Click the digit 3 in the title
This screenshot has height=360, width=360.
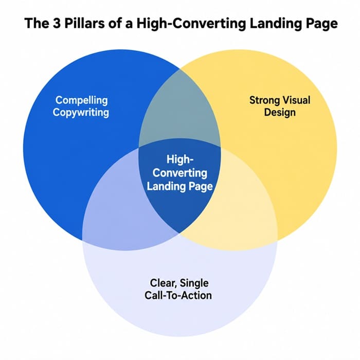tap(57, 23)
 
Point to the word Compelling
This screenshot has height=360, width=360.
tap(81, 101)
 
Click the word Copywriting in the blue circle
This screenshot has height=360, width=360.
tap(81, 113)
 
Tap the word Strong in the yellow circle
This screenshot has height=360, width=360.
tap(264, 101)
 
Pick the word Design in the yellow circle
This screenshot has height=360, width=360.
tap(280, 113)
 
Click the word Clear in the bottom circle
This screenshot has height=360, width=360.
tap(163, 283)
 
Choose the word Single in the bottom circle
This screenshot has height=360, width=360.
tap(194, 283)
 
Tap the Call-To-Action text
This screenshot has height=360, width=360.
tap(178, 295)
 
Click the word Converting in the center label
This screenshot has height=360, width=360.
tap(180, 173)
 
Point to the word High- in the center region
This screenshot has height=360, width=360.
tap(180, 159)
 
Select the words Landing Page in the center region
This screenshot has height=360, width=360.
tap(180, 186)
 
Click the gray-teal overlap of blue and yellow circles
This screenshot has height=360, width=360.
tap(180, 110)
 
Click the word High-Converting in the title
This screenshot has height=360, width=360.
tap(191, 24)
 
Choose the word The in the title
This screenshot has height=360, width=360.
tap(37, 23)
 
